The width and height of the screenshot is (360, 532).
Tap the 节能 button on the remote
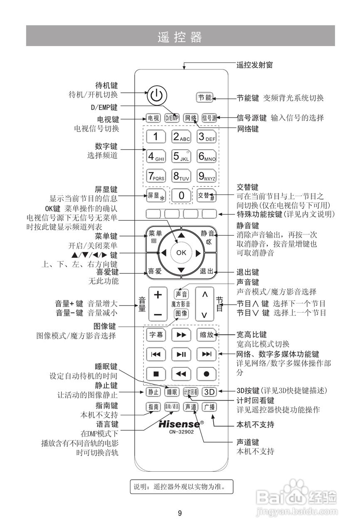click(205, 98)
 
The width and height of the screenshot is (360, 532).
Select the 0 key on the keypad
click(181, 195)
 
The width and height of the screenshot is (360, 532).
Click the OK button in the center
click(181, 252)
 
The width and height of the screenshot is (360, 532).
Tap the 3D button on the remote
click(209, 392)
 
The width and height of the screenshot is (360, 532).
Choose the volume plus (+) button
click(158, 295)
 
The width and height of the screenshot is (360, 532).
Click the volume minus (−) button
click(158, 315)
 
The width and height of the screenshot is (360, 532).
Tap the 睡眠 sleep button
click(172, 392)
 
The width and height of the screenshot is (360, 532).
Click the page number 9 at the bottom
click(180, 513)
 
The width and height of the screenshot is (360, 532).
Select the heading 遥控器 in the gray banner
click(180, 37)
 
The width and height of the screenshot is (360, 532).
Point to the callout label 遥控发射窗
click(254, 64)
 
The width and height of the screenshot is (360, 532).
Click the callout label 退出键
click(248, 272)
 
